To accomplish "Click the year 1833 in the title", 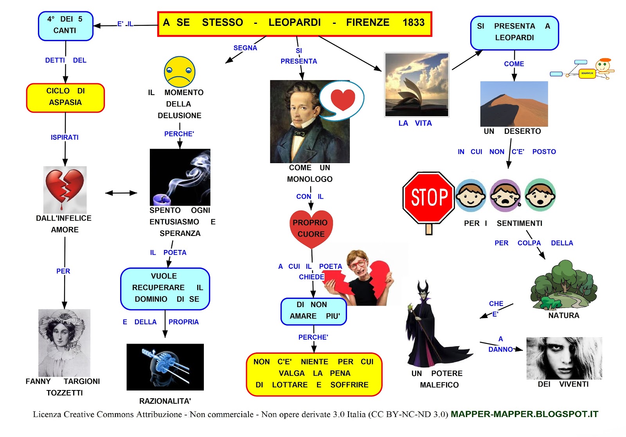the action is point(413,22).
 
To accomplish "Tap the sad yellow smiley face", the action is point(180,72).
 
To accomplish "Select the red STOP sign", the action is point(429,198).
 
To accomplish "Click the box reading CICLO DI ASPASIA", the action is point(65,98).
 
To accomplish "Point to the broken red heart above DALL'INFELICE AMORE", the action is point(65,189).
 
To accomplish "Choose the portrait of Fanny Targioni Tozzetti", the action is point(64,343).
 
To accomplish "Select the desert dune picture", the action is point(514,104).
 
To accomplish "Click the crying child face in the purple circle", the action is point(505,195).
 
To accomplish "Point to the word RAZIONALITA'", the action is point(165,401).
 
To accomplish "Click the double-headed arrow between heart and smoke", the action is point(121,193).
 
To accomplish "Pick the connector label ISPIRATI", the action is point(65,137).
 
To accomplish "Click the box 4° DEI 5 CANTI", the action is point(66,26).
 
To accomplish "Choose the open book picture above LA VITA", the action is point(417,85).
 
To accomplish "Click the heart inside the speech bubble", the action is point(343,100).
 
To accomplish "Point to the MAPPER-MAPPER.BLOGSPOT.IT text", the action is point(525,414).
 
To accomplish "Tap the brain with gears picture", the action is point(165,367).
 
